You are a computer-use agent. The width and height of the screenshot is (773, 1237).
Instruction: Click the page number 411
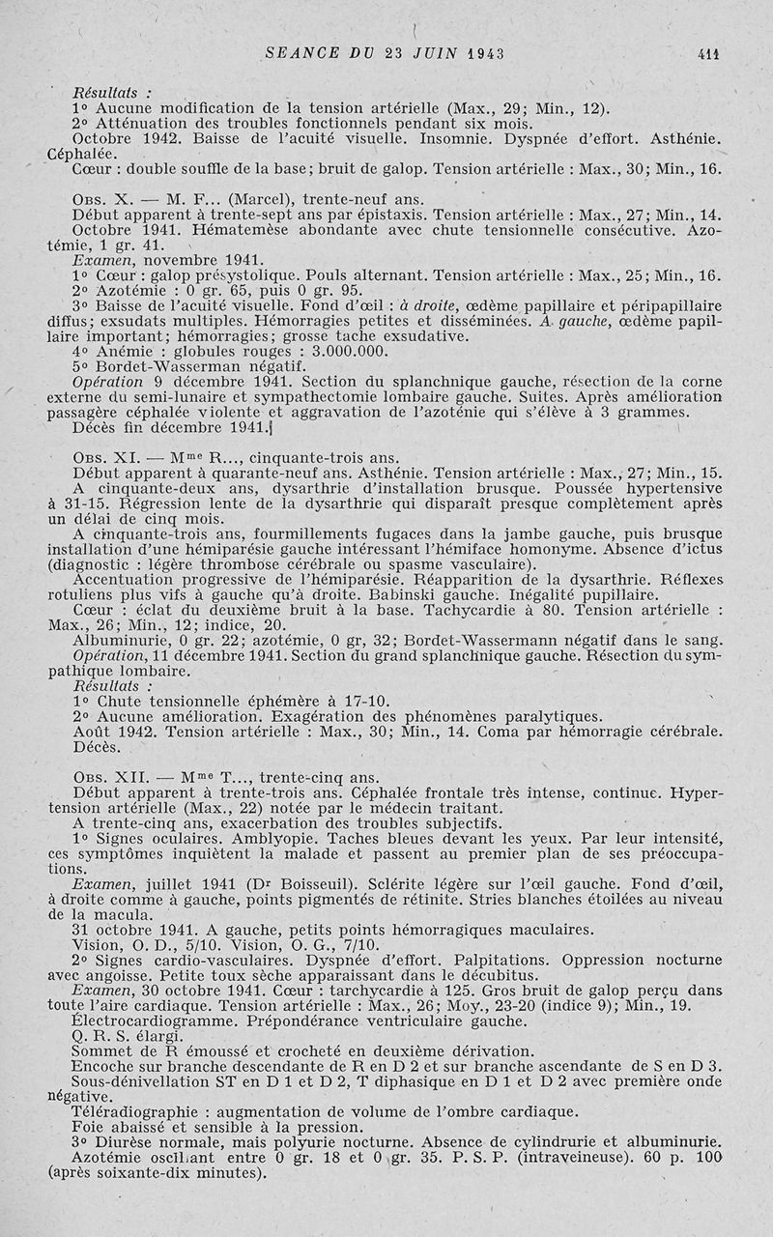[709, 54]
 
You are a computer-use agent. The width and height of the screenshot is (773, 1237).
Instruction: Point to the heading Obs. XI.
[107, 457]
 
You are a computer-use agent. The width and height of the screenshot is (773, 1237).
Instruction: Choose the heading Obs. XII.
[111, 778]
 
